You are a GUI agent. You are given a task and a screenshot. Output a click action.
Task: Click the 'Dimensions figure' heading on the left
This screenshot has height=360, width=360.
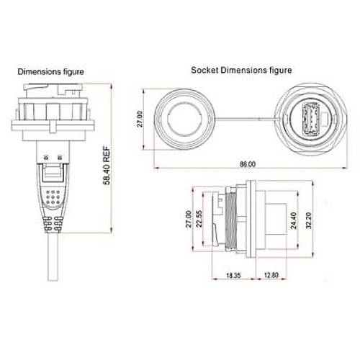[50, 72]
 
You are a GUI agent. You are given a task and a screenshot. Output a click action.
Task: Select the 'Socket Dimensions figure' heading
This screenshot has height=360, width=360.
[241, 71]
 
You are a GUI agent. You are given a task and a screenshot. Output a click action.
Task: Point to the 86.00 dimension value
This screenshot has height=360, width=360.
[246, 164]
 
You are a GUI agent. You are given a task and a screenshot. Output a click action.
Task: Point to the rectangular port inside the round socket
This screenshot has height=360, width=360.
[312, 119]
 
